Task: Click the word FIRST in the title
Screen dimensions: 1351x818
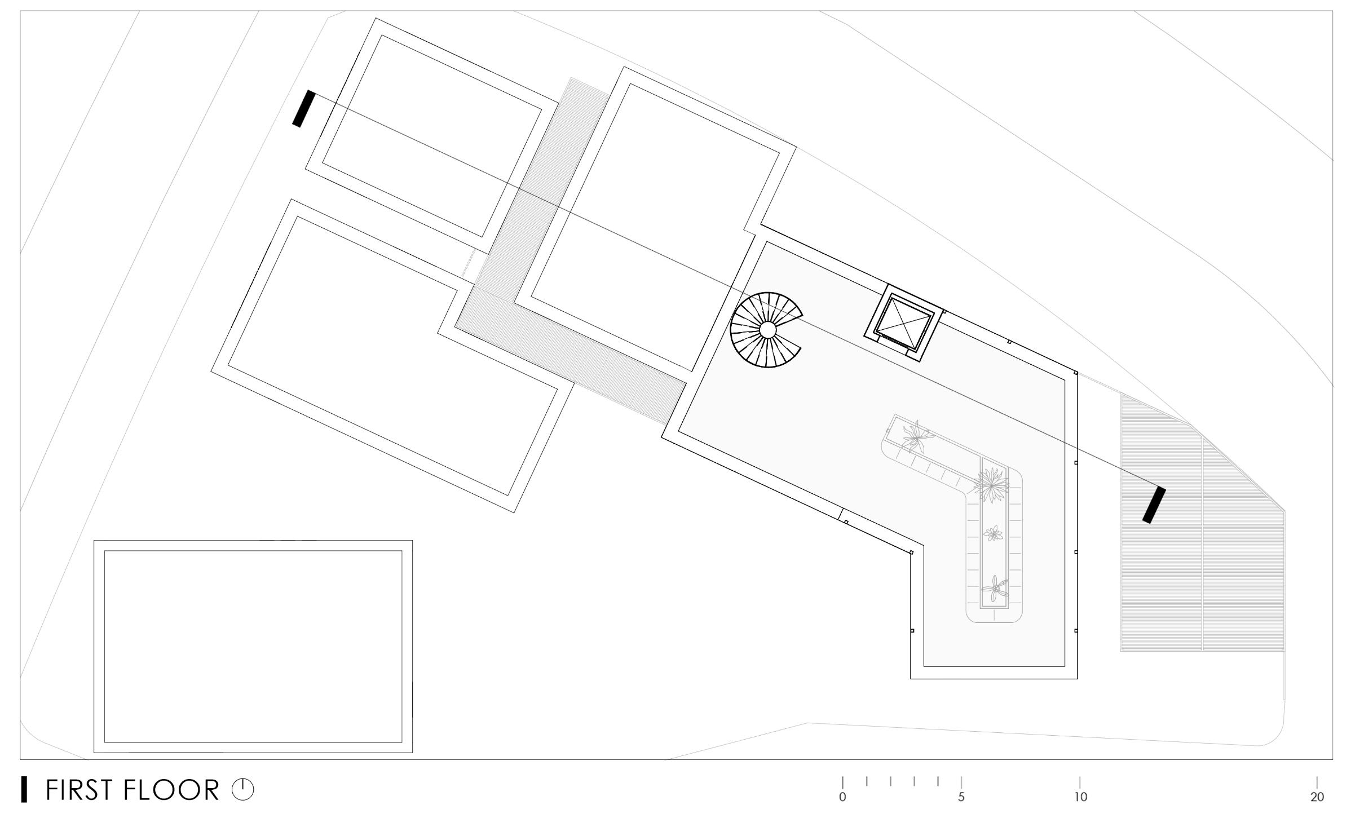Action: [x=80, y=790]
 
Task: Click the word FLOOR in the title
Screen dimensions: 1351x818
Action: [x=171, y=790]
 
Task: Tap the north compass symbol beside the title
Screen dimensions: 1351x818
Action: [x=243, y=790]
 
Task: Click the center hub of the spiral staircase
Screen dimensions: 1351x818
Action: [x=767, y=330]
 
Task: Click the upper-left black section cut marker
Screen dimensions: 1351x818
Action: [x=303, y=108]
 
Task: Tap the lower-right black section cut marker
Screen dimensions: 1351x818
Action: [x=1154, y=505]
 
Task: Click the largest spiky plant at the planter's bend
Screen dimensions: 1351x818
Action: [x=991, y=484]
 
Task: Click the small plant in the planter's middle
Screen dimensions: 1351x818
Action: [x=993, y=533]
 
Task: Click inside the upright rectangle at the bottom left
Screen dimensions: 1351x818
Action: [x=253, y=646]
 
